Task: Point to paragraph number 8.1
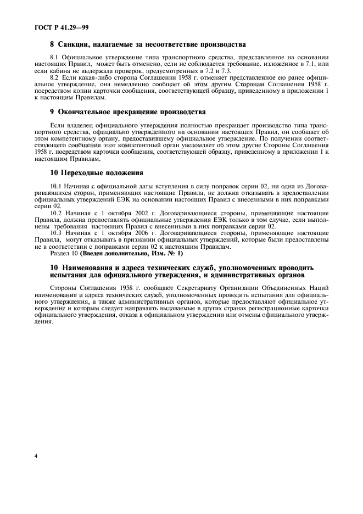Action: (55, 57)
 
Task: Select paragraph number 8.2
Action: (55, 78)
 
